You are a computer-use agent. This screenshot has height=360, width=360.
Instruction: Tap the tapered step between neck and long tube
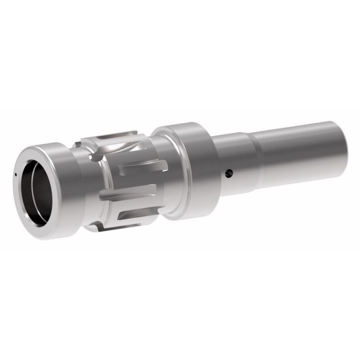pyautogui.click(x=255, y=159)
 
